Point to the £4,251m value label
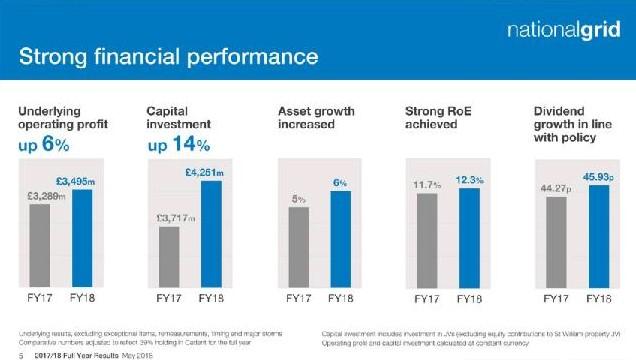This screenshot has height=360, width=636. pos(206,173)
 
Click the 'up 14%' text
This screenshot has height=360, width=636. pos(176,146)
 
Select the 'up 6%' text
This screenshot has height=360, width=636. pos(44,146)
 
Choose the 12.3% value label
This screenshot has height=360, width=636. pos(469,180)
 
